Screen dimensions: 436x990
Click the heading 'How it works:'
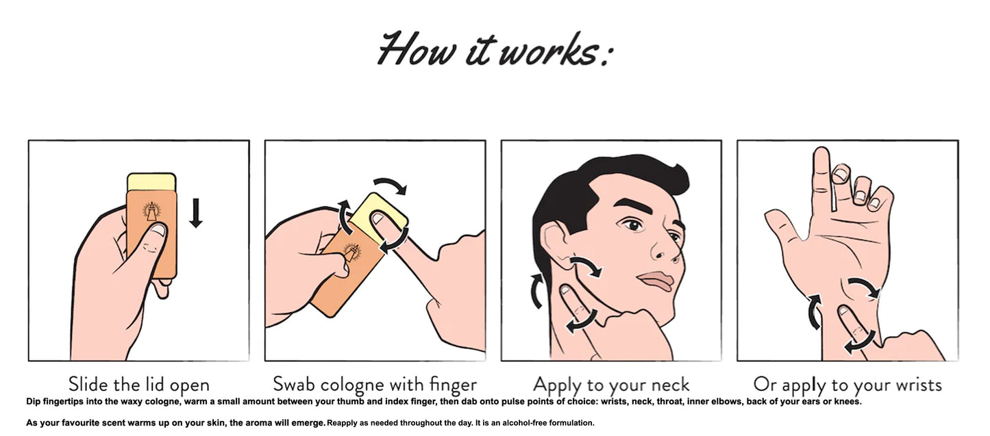pyautogui.click(x=493, y=49)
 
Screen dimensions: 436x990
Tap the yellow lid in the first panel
pyautogui.click(x=151, y=182)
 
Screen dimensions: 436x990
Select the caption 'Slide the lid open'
pyautogui.click(x=138, y=384)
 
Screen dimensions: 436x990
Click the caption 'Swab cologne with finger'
pyautogui.click(x=375, y=384)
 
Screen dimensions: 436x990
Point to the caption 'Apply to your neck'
pyautogui.click(x=611, y=384)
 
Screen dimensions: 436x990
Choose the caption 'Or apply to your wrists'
pyautogui.click(x=847, y=384)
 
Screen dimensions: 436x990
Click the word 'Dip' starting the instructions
pyautogui.click(x=34, y=401)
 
